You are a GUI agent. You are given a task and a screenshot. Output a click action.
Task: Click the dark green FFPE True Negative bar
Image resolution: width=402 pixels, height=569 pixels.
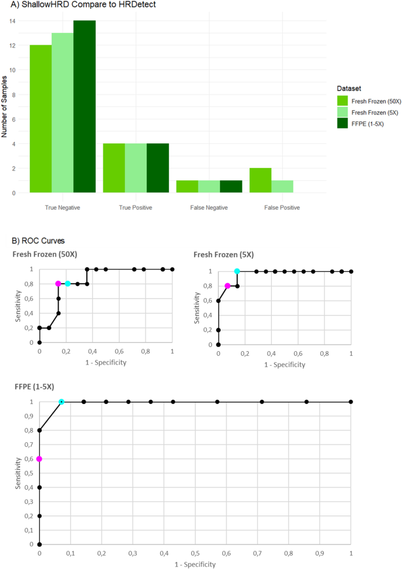85,106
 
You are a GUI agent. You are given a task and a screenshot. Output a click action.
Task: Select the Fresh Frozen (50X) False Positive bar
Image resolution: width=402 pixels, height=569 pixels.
260,180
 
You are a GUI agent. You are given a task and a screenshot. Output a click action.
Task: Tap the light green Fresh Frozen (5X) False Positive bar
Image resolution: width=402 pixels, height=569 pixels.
282,186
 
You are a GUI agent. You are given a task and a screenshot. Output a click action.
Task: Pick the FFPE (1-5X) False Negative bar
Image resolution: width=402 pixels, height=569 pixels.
231,186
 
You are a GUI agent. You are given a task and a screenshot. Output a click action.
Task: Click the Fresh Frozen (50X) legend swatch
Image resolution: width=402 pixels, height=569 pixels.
342,101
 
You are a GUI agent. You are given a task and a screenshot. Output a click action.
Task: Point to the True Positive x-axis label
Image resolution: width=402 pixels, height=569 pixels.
136,207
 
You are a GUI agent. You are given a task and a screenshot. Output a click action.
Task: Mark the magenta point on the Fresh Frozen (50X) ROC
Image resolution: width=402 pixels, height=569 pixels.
58,284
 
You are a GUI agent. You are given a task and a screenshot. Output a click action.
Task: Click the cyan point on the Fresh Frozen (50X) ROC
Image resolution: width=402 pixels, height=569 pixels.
67,284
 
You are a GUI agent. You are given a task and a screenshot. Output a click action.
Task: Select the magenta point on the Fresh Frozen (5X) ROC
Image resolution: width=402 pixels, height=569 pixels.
228,286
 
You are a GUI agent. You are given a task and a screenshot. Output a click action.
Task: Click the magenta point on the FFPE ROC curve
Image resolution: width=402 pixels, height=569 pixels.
39,459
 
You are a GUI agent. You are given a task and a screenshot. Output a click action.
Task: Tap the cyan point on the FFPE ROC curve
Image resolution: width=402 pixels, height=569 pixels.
62,402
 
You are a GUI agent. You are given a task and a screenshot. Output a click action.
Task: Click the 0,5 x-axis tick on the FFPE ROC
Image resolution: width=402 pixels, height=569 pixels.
195,554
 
